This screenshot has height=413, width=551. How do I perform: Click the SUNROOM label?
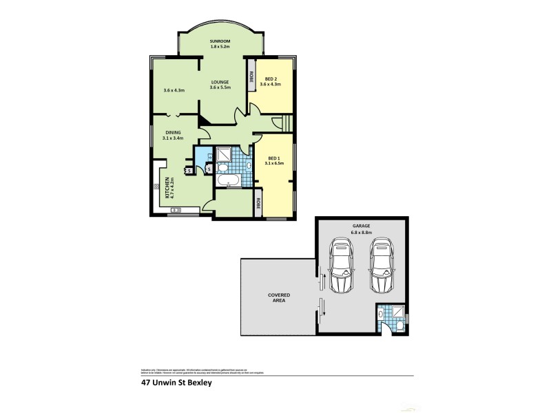tap(220, 41)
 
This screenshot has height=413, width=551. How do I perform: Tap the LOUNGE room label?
tap(220, 82)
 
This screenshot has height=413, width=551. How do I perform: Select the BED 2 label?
tap(271, 78)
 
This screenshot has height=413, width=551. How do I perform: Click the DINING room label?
tap(172, 133)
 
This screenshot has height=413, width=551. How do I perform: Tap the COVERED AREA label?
tap(279, 298)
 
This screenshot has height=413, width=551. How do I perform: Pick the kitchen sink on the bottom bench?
tap(175, 210)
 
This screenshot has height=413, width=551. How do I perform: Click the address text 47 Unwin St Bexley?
tap(175, 384)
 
